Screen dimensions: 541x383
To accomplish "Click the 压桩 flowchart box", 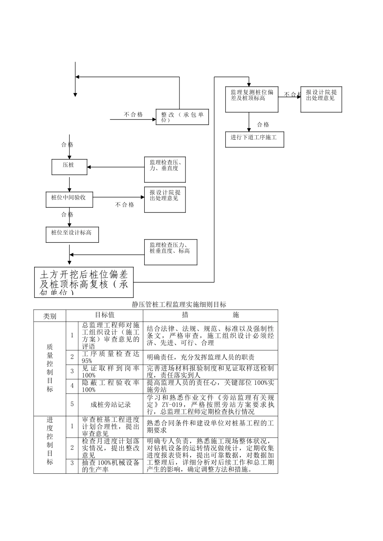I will (69, 167).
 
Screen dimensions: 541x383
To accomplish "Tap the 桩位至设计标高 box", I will (72, 234).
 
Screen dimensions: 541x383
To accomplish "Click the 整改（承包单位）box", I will (182, 117).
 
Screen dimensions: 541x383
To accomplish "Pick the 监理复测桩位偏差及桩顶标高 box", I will (252, 98).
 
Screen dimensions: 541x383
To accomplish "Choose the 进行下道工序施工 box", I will (254, 138).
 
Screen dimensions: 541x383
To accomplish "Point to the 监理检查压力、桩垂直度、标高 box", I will (171, 252).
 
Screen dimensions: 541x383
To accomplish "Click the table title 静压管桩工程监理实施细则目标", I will (179, 304).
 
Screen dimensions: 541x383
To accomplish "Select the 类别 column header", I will (50, 316).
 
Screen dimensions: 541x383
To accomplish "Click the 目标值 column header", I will (104, 315).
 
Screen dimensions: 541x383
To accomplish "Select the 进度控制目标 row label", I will (50, 444).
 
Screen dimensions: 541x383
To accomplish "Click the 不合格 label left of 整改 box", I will (133, 115).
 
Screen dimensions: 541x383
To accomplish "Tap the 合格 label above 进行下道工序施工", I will (263, 125).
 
